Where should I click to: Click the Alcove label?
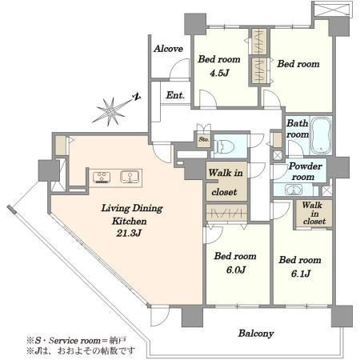tap(168, 49)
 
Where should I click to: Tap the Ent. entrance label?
tap(175, 95)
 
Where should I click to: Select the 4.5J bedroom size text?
tap(219, 73)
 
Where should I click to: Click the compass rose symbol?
tap(110, 111)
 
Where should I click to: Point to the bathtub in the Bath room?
tap(322, 136)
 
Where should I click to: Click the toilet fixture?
tap(224, 146)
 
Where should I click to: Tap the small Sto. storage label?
tap(204, 139)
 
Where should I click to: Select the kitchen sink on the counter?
tap(130, 177)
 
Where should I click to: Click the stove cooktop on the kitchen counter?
tap(102, 178)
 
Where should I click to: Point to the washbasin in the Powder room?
tap(294, 190)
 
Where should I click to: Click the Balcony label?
tap(256, 334)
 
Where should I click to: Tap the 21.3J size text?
tap(129, 233)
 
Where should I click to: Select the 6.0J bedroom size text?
tap(236, 270)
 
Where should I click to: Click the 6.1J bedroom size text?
tap(301, 274)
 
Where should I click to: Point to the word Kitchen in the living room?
tap(130, 221)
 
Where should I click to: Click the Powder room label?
tap(305, 171)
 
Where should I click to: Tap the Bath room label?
tap(298, 129)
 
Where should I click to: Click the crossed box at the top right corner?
tap(333, 9)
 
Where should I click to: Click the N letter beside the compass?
tap(137, 97)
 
